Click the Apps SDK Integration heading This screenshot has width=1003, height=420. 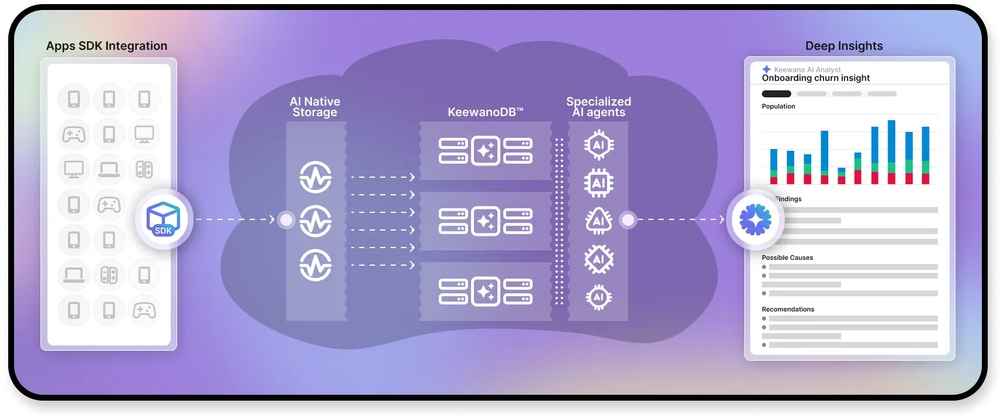[107, 46]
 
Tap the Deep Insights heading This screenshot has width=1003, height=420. [843, 46]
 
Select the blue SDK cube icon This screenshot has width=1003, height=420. [163, 219]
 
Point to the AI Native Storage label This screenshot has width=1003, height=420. [315, 107]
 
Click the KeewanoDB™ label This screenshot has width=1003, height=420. [485, 112]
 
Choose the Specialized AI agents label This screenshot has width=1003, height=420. [598, 107]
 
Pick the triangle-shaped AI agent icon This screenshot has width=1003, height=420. [598, 221]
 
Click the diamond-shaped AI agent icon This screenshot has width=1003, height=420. [598, 259]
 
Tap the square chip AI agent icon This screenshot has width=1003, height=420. [598, 183]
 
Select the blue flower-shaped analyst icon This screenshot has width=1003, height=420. [755, 220]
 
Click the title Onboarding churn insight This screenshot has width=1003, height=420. [815, 78]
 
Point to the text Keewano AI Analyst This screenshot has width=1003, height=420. [807, 69]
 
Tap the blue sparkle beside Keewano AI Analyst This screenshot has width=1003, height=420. [767, 69]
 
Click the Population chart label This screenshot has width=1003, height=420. [778, 106]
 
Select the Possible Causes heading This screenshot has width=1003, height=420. [787, 258]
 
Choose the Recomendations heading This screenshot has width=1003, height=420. [788, 309]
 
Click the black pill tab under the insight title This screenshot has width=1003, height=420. [776, 94]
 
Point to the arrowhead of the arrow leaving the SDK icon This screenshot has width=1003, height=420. [272, 219]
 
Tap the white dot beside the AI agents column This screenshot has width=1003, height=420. [628, 220]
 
